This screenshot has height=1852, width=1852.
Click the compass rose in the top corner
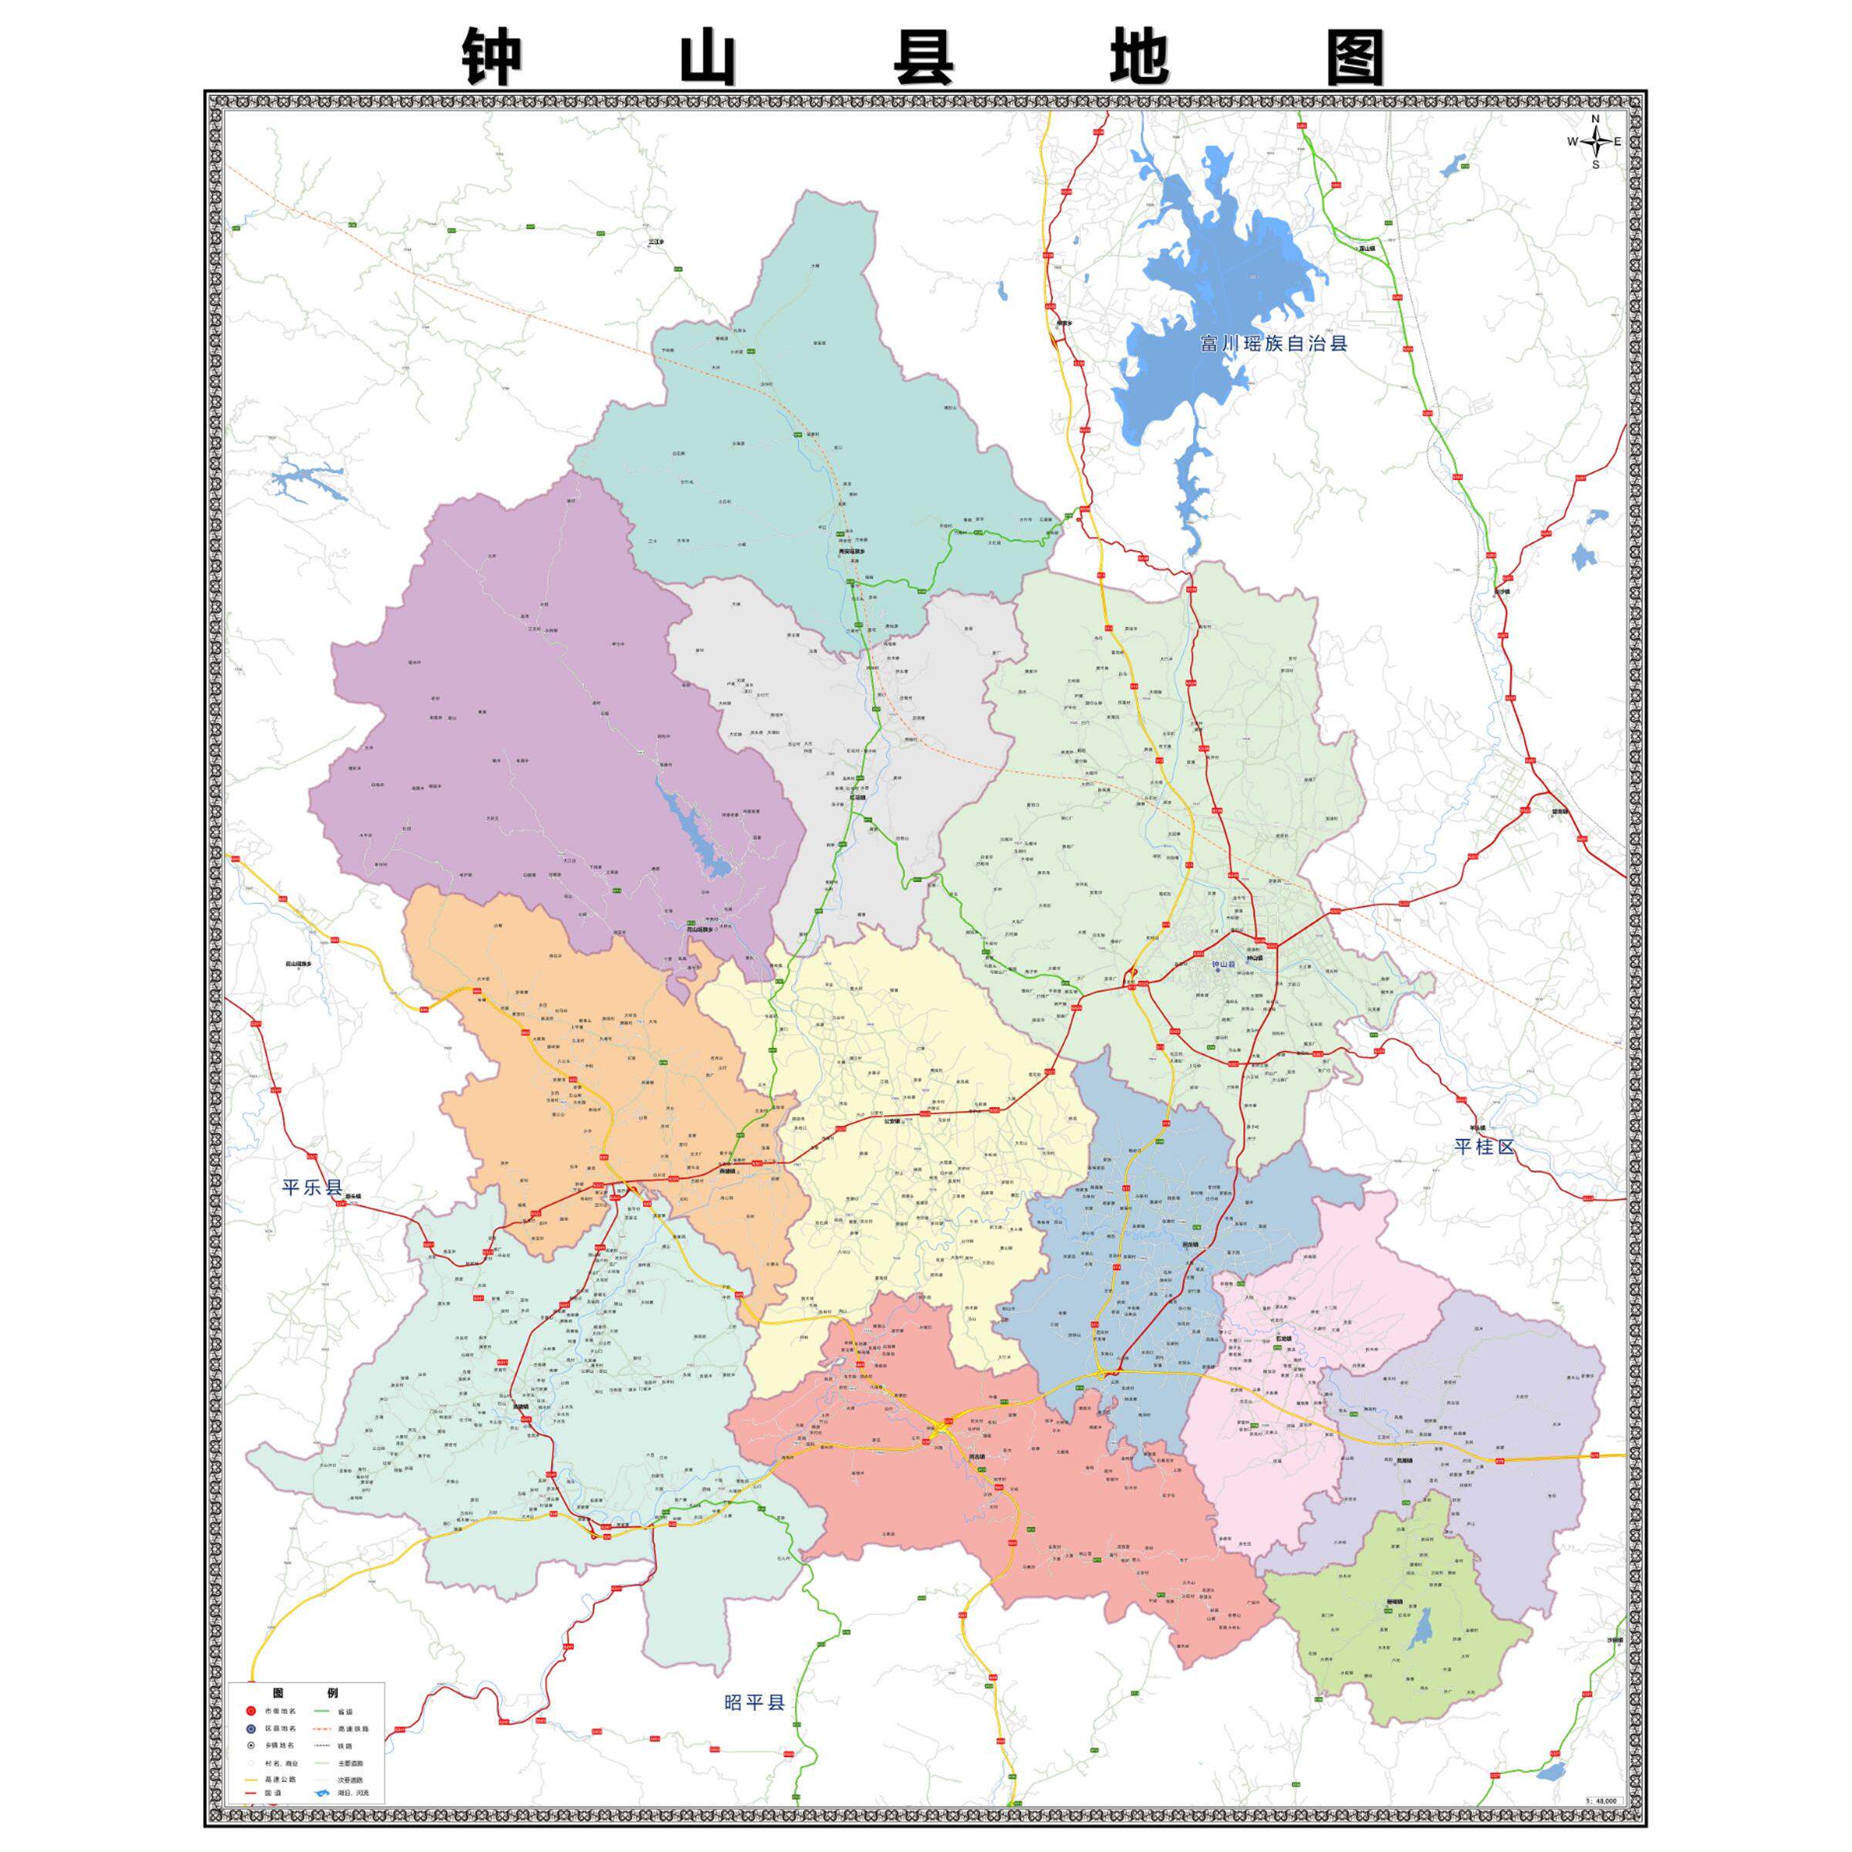(1595, 142)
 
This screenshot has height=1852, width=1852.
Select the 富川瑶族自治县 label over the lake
(1274, 343)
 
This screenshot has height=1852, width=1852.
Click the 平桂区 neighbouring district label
(1485, 1147)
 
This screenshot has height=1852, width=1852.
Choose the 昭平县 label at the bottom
(755, 1702)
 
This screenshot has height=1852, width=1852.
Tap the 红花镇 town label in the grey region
(856, 796)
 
